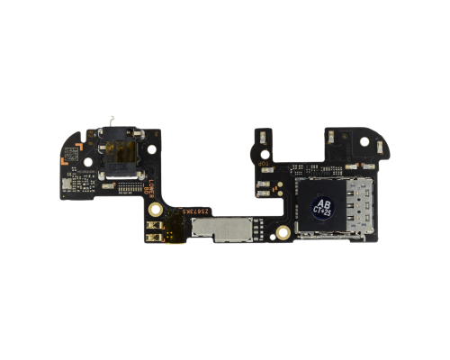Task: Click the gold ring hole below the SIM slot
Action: click(x=283, y=232)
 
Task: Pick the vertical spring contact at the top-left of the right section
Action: click(x=260, y=137)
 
